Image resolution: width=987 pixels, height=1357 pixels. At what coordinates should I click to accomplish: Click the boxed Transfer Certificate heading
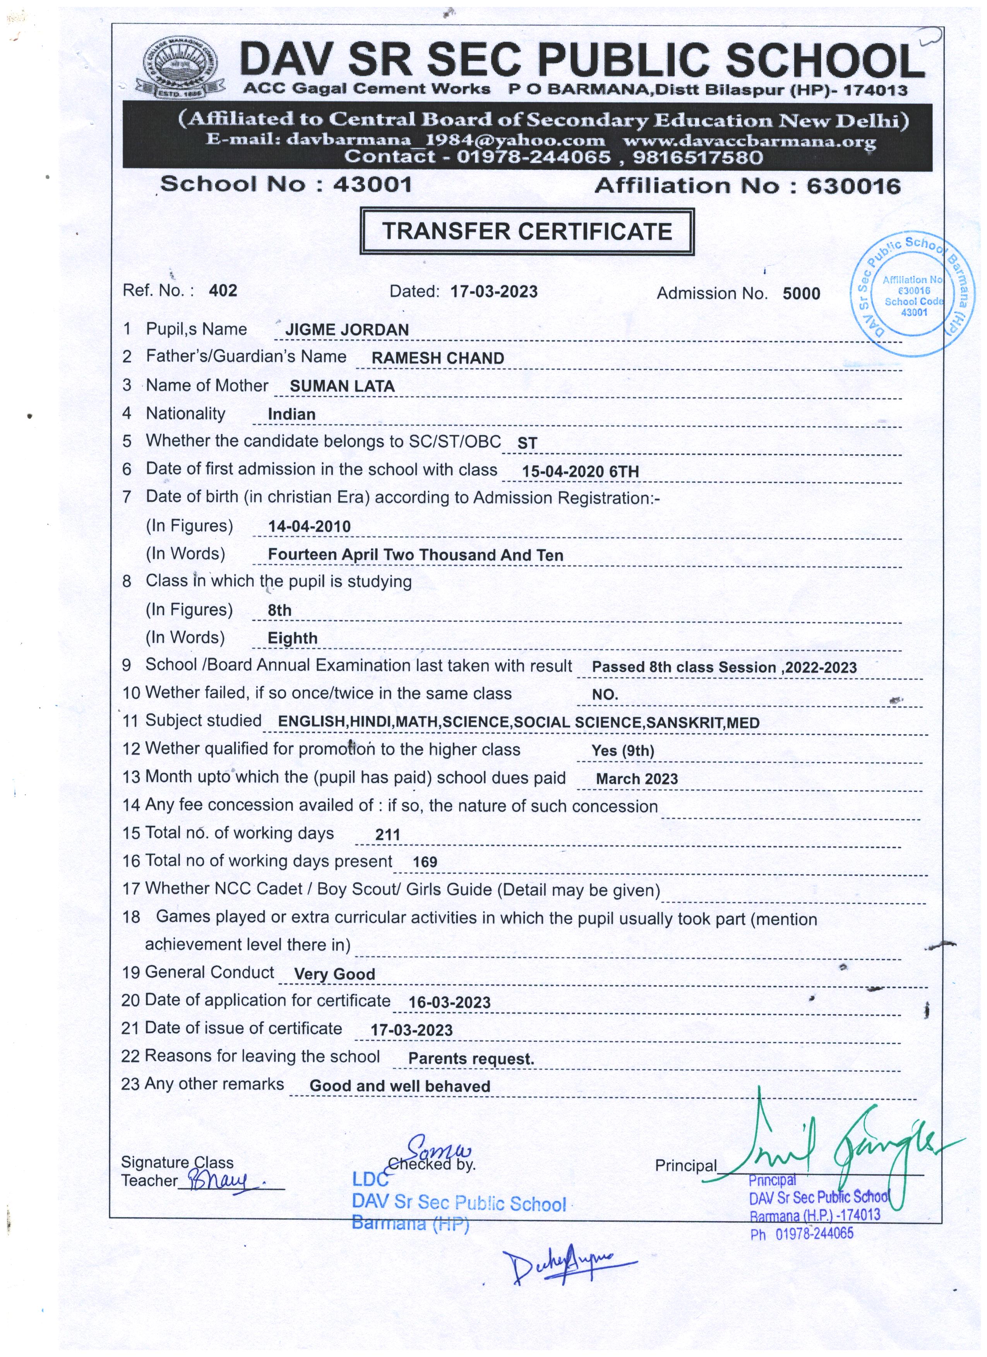pyautogui.click(x=527, y=231)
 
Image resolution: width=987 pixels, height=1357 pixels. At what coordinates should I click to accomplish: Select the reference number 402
pyautogui.click(x=223, y=291)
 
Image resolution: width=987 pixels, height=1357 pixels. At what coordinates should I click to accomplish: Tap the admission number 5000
pyautogui.click(x=801, y=294)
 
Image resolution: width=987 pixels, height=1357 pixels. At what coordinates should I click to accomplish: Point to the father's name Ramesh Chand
pyautogui.click(x=437, y=358)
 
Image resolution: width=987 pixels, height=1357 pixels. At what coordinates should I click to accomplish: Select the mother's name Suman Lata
pyautogui.click(x=342, y=386)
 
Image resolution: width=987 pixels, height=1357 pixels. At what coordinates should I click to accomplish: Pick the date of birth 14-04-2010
pyautogui.click(x=309, y=526)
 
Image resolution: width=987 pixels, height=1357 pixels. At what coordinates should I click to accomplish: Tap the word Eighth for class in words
pyautogui.click(x=292, y=638)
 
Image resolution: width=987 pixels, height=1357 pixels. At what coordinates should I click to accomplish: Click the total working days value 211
pyautogui.click(x=387, y=835)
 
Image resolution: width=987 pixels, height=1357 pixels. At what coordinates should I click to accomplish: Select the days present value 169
pyautogui.click(x=425, y=862)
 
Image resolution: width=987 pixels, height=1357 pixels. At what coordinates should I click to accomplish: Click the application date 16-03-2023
pyautogui.click(x=449, y=1003)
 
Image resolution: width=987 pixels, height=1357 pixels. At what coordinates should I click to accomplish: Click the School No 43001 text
pyautogui.click(x=286, y=184)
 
